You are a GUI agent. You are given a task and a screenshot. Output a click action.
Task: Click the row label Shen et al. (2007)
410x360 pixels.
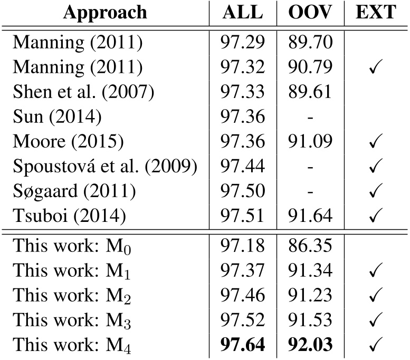coord(83,91)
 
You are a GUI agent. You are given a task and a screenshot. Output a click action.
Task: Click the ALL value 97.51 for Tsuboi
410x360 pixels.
coord(243,215)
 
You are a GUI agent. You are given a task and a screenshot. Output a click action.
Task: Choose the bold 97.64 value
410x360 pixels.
coord(243,345)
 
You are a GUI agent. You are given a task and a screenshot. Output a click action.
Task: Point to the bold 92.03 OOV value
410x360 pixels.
coord(310,345)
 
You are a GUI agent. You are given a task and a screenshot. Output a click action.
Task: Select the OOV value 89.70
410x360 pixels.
coord(310,42)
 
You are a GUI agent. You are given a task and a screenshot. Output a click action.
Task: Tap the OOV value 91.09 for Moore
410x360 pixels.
coord(310,141)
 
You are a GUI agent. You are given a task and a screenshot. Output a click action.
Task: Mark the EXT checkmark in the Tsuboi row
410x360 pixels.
coord(376,216)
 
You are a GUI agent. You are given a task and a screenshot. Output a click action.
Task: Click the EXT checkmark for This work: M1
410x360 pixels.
coord(376,271)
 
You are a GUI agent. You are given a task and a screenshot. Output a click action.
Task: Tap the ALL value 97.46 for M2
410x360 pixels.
coord(243,296)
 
